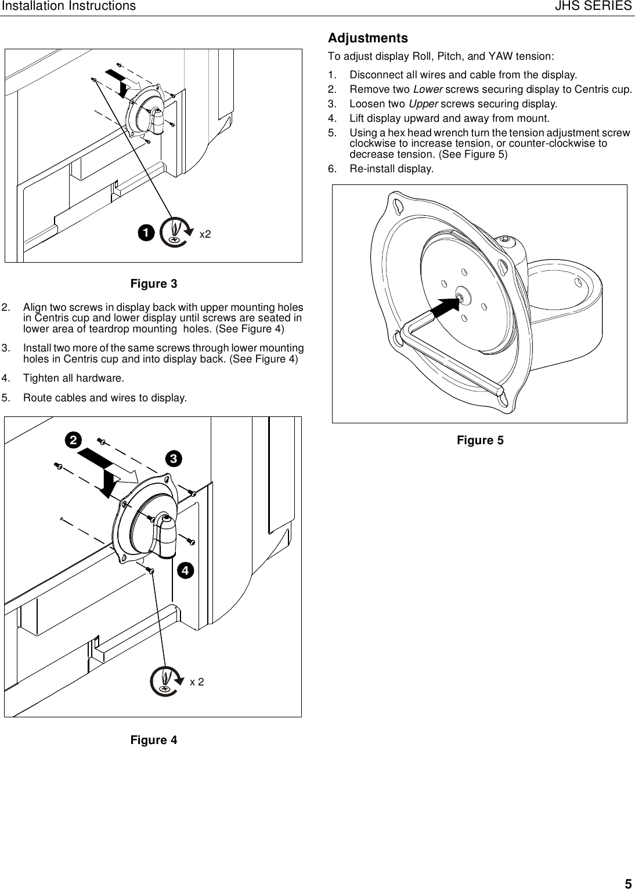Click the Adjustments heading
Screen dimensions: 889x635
tap(368, 38)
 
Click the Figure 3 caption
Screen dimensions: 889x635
tap(154, 284)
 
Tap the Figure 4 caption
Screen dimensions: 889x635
tap(154, 740)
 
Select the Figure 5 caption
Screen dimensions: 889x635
tap(480, 440)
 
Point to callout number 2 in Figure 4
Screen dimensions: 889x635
tap(73, 441)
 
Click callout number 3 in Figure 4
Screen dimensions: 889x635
tap(172, 458)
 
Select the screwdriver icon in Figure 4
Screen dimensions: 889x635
tap(165, 681)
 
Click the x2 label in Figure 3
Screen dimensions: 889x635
tap(205, 234)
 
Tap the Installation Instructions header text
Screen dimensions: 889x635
tap(68, 6)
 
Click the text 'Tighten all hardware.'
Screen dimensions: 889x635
tap(73, 378)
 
